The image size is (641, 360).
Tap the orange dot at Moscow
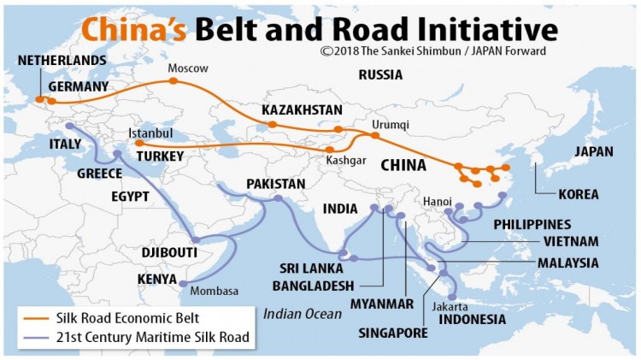click(173, 81)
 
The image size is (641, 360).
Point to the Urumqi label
click(391, 124)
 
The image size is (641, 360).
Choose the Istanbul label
click(150, 133)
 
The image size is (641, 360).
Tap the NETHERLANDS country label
click(62, 61)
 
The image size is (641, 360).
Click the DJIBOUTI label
click(169, 253)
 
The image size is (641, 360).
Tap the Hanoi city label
click(437, 201)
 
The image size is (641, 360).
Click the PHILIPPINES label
click(532, 224)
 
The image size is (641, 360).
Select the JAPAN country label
click(594, 151)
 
